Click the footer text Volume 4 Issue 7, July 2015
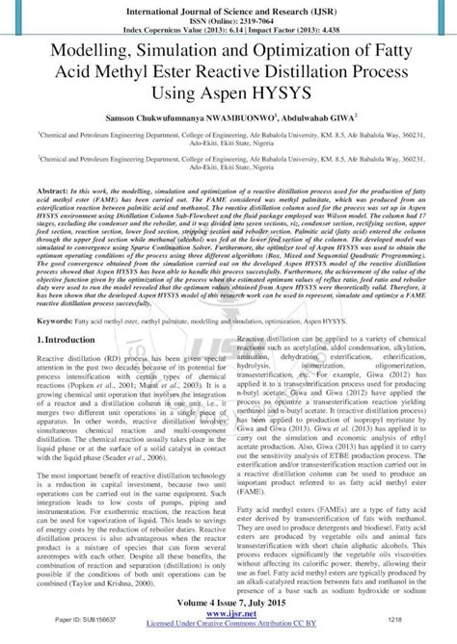click(x=228, y=612)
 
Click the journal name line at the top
click(x=228, y=7)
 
